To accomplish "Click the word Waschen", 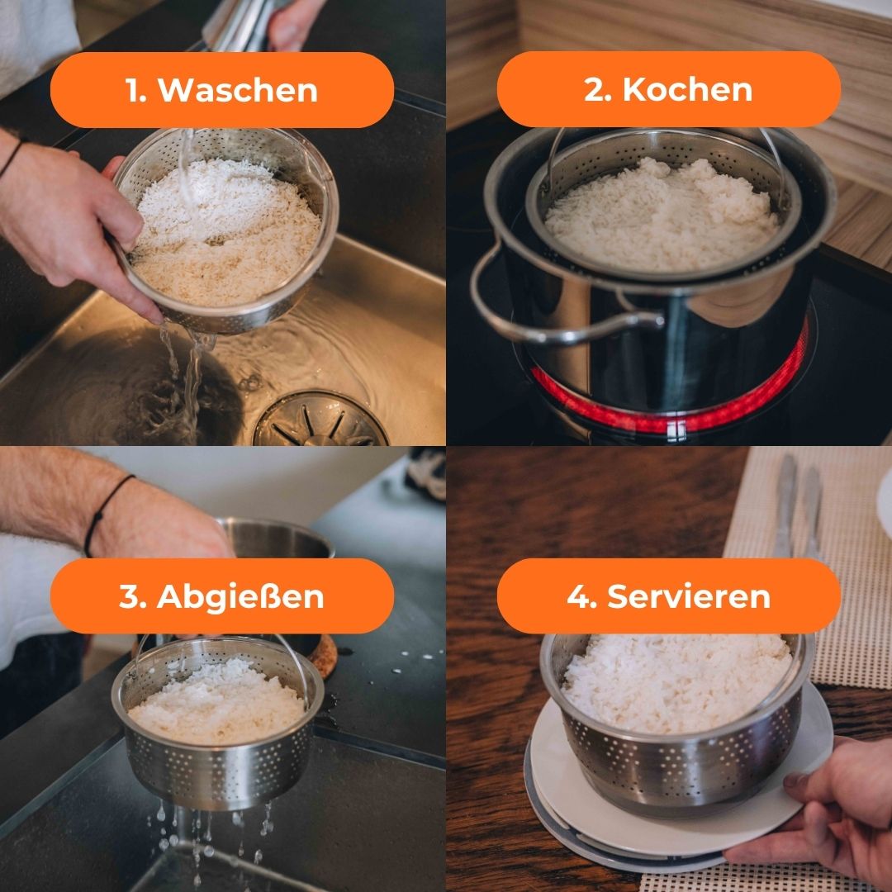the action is [238, 90].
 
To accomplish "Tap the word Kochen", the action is [687, 89].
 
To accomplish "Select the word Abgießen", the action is [240, 596].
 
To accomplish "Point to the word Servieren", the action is [688, 596].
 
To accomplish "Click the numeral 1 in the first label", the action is [132, 91].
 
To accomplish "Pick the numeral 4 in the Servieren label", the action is [578, 596].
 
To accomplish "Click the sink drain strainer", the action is [320, 419].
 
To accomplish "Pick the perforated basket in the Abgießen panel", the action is [218, 734].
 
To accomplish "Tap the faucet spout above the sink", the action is [239, 24].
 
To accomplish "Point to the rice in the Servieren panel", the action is [677, 683].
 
